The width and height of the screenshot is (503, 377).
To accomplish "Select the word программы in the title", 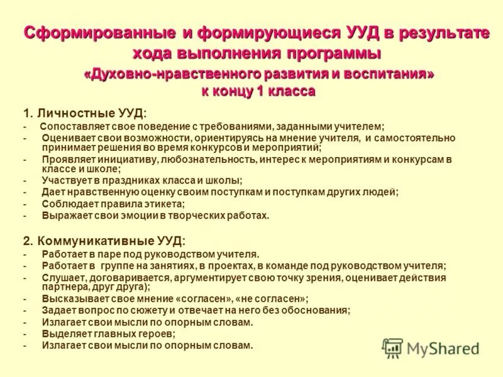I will point(331,52).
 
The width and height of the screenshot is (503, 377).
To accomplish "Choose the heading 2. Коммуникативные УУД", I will point(104,241).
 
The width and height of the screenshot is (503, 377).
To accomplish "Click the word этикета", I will point(164,204).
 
